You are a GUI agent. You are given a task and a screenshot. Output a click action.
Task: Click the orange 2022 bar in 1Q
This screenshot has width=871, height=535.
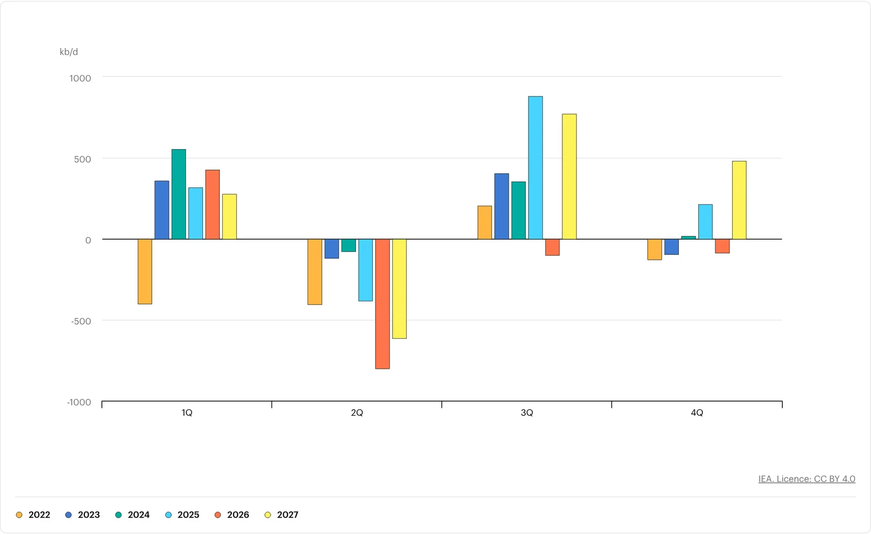click(145, 271)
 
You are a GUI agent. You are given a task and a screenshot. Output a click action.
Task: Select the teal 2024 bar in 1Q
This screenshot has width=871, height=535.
click(179, 194)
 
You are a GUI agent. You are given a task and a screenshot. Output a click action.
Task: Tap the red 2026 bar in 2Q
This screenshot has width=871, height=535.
click(383, 304)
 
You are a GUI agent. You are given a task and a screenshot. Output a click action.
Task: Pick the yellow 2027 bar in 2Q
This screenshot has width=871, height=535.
click(400, 289)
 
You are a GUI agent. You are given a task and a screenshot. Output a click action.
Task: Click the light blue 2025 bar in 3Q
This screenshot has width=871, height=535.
click(536, 168)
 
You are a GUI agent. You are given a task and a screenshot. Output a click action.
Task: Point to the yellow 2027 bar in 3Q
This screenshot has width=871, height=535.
click(569, 177)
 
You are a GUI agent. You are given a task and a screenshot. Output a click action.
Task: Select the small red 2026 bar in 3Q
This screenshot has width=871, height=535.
click(553, 247)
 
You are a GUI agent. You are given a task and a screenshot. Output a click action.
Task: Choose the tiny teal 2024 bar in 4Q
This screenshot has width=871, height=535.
click(689, 238)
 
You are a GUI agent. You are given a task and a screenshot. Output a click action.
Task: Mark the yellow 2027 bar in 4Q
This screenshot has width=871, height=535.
click(739, 200)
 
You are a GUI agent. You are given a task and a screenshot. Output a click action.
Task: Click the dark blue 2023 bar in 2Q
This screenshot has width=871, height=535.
click(332, 248)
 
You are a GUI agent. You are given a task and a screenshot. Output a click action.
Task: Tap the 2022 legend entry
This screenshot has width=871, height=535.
click(33, 515)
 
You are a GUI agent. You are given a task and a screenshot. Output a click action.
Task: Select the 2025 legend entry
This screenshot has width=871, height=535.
click(182, 515)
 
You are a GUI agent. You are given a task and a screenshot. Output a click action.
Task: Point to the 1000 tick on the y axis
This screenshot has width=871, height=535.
click(80, 78)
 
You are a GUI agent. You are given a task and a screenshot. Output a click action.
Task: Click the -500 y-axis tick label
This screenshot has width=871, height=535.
click(81, 321)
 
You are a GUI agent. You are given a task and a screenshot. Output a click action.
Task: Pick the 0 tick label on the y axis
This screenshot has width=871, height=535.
click(88, 240)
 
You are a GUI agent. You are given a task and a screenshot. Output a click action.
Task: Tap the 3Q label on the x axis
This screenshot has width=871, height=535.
click(527, 413)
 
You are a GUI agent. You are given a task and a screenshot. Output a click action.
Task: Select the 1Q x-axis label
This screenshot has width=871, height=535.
click(187, 413)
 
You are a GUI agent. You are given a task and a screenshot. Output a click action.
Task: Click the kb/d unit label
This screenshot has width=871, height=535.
click(69, 52)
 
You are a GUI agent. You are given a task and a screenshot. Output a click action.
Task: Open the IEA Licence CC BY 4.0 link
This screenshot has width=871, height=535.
click(807, 479)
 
